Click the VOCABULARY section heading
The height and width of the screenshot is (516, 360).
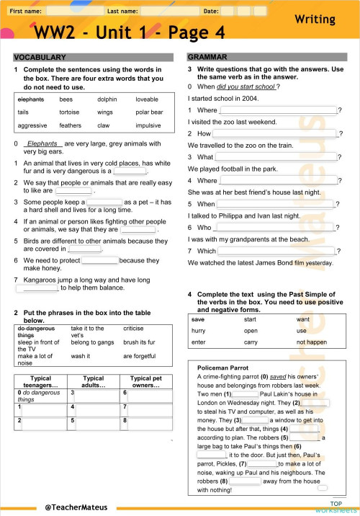40,57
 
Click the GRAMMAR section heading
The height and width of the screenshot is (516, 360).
207,57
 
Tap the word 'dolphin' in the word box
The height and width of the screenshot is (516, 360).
107,99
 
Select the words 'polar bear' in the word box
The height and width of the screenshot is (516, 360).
149,112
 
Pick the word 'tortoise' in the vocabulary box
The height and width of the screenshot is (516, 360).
70,112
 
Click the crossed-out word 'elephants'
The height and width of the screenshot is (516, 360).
31,99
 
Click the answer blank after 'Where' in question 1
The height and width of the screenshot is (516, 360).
277,110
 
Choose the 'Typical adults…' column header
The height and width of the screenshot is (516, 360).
94,381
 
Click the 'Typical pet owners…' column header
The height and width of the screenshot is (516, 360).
145,381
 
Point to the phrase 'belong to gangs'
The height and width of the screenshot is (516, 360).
92,342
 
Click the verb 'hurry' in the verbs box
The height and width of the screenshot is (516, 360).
199,330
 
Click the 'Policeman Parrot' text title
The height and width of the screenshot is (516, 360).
222,367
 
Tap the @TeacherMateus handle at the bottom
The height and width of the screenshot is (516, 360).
76,507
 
